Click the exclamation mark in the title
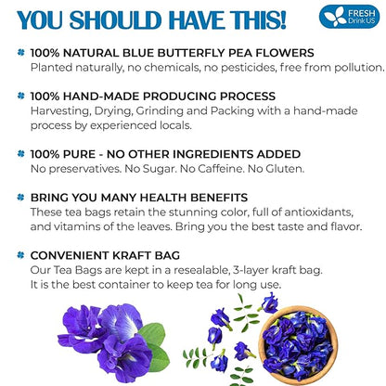280,19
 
